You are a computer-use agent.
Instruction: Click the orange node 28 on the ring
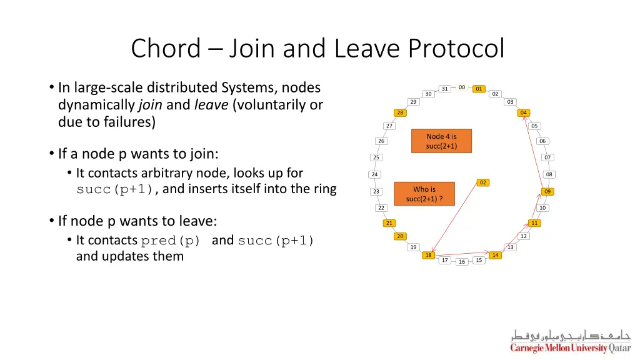click(x=400, y=112)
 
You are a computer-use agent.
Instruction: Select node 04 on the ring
click(x=524, y=112)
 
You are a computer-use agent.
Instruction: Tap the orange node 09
click(x=547, y=191)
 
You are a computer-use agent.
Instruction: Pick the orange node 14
click(x=495, y=255)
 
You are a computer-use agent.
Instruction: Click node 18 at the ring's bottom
click(x=428, y=255)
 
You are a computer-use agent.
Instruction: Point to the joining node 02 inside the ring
click(x=482, y=182)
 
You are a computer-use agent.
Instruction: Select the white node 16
click(x=462, y=262)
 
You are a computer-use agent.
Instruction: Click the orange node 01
click(x=479, y=89)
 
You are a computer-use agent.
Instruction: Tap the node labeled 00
click(x=461, y=87)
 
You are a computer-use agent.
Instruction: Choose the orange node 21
click(x=388, y=223)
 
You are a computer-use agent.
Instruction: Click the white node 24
click(x=374, y=174)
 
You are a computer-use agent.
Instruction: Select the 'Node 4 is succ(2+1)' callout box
click(x=442, y=141)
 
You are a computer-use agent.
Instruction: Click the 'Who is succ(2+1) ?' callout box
click(x=424, y=194)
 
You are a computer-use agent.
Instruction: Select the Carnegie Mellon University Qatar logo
click(x=570, y=341)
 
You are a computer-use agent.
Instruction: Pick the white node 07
click(x=547, y=157)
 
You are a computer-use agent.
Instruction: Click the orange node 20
click(x=400, y=236)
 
